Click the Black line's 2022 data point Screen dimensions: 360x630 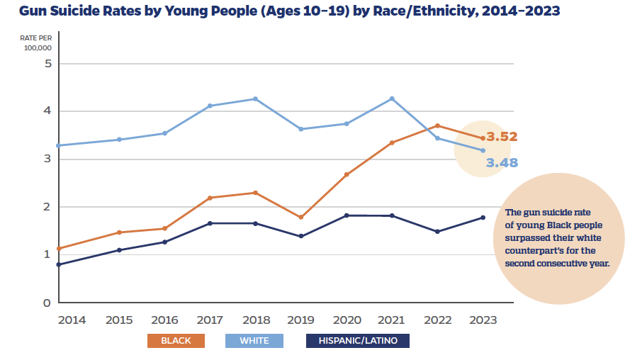click(437, 125)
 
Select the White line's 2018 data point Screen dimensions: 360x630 click(255, 99)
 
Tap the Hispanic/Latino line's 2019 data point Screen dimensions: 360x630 click(300, 236)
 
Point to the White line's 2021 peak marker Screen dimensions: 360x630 click(392, 99)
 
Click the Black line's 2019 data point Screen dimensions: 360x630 click(300, 217)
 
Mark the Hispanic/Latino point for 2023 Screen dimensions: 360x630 click(483, 218)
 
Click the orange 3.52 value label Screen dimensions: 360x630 click(502, 137)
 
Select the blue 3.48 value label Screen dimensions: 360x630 click(502, 163)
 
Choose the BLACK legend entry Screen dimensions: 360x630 click(176, 341)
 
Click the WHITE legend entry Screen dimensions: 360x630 click(254, 341)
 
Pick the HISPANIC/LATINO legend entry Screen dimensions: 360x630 click(358, 341)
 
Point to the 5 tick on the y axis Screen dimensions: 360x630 click(47, 64)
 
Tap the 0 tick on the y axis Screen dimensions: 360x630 click(47, 303)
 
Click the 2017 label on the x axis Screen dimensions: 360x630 click(210, 320)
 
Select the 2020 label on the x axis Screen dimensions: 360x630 click(347, 320)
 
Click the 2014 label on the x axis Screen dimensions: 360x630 click(72, 320)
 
